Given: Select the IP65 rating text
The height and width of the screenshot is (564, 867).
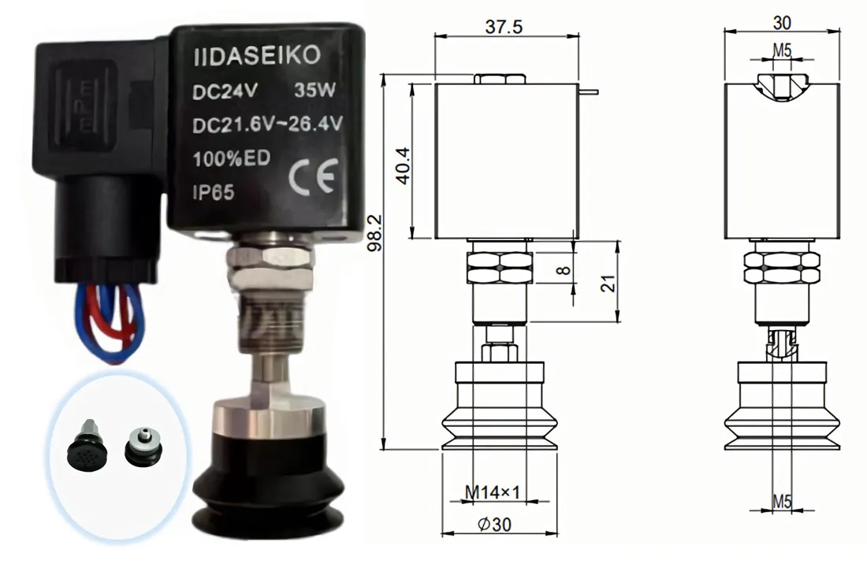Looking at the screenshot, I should pos(214,191).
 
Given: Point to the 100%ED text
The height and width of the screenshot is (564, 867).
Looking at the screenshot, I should pos(232,158).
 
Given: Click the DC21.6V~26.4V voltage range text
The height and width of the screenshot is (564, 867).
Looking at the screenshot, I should pos(267,124).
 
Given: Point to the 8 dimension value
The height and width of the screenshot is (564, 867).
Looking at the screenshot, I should pos(562,269).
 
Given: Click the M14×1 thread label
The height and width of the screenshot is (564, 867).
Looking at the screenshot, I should pos(492,493).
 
